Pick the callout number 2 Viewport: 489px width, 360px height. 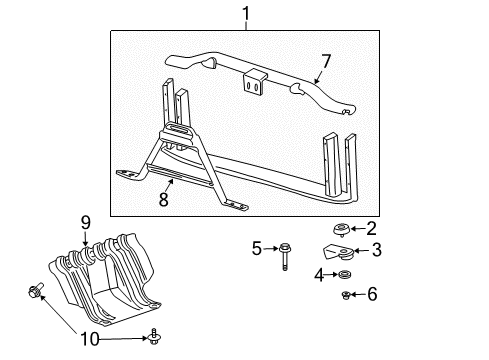[371, 228]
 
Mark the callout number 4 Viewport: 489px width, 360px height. [319, 274]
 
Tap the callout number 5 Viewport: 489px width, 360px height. [256, 246]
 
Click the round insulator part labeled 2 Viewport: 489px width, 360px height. [342, 229]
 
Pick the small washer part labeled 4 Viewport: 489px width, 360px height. [345, 275]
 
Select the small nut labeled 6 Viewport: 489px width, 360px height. [346, 294]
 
